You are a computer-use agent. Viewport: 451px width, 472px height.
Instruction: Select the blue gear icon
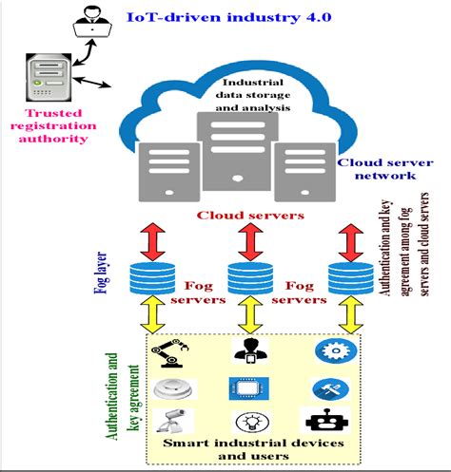tap(333, 349)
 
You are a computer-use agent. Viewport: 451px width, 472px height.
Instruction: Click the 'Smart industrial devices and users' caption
tap(238, 452)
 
